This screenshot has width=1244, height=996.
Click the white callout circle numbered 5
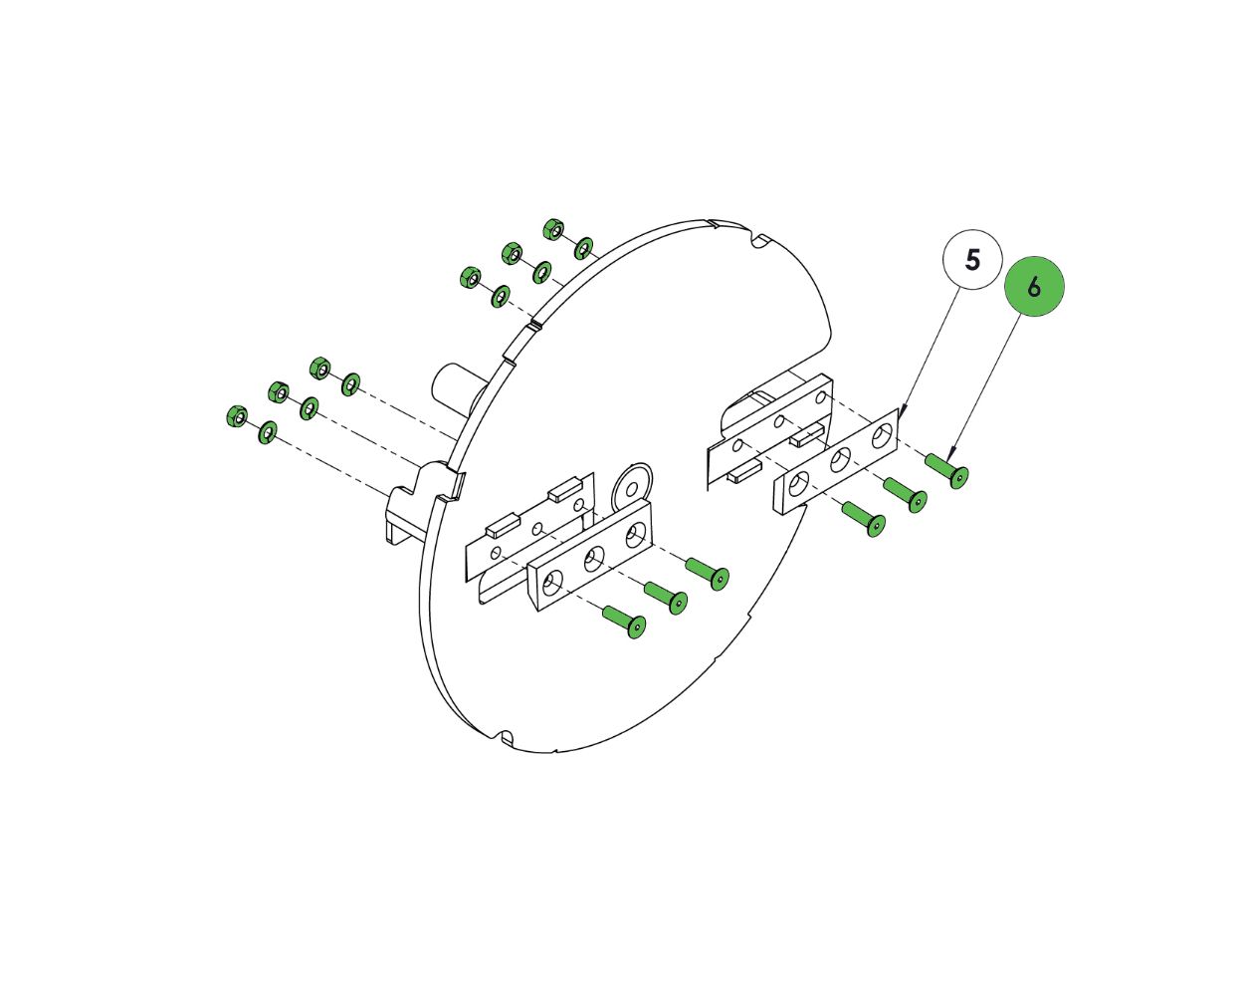[x=973, y=261]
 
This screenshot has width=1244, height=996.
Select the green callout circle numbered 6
[x=1034, y=287]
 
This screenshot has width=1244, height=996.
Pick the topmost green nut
[x=553, y=229]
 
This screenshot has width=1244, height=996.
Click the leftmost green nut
[x=237, y=416]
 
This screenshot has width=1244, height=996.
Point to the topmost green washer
[x=583, y=248]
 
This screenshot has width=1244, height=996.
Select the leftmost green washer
[x=267, y=432]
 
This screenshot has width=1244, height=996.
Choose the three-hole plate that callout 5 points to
[x=837, y=461]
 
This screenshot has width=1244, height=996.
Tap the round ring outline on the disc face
[x=632, y=484]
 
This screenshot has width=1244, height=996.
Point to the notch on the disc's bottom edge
[x=505, y=737]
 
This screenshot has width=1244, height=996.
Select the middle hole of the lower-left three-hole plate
[x=594, y=560]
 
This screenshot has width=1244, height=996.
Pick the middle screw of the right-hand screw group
[x=906, y=495]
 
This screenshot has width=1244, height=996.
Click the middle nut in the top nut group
[x=512, y=253]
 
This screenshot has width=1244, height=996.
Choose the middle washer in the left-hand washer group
[x=309, y=408]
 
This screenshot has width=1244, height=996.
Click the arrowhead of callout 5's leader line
[x=902, y=414]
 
